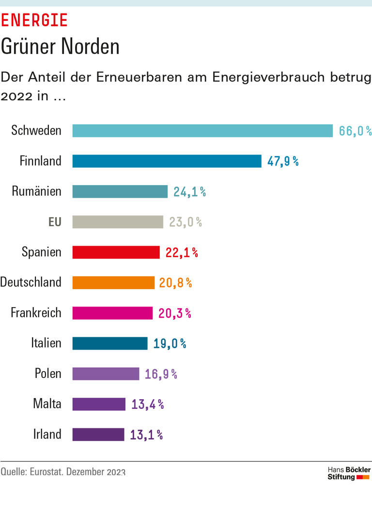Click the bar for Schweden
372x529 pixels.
(x=202, y=131)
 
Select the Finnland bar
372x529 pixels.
(x=167, y=161)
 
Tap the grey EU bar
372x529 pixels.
(x=118, y=222)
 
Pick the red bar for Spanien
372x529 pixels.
(x=116, y=252)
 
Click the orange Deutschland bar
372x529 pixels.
(x=113, y=282)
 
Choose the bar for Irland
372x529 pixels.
(x=98, y=435)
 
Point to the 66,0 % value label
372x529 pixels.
(x=355, y=131)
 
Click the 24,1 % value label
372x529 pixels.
(x=189, y=192)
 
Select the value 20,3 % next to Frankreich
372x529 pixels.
(x=174, y=313)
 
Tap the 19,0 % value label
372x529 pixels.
(x=170, y=343)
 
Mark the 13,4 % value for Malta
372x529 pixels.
(x=147, y=404)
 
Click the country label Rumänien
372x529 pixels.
(x=37, y=191)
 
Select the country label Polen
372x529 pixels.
(x=48, y=373)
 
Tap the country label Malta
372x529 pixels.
(x=47, y=404)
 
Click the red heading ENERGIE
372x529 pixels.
(x=34, y=20)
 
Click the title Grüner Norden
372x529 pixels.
(x=60, y=47)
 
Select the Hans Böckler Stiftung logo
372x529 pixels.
(x=349, y=473)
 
